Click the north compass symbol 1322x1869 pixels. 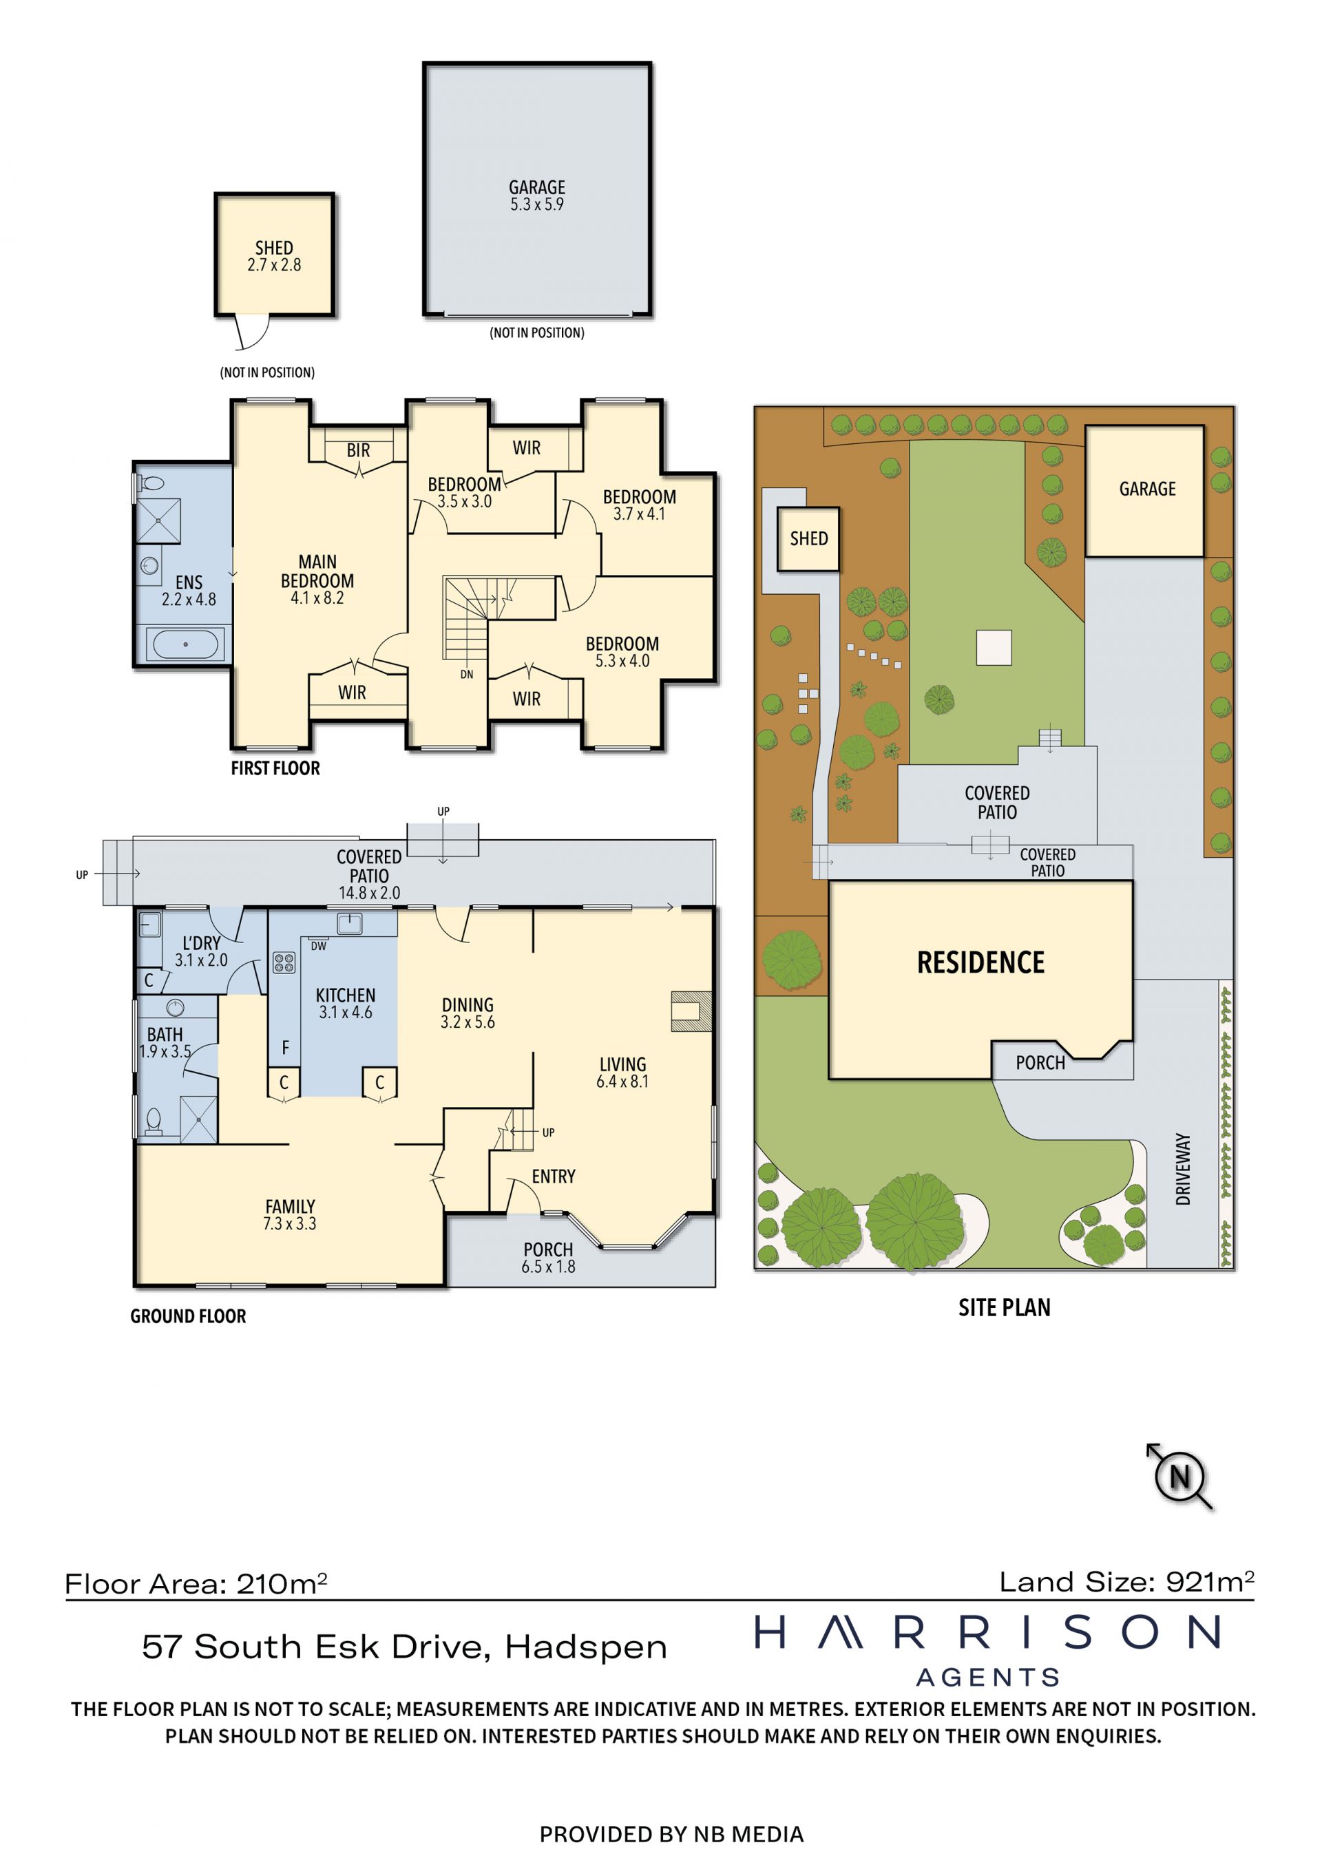click(x=1179, y=1476)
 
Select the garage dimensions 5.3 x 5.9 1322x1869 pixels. click(x=536, y=204)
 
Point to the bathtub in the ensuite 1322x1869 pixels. click(x=186, y=645)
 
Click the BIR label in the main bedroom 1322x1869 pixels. click(x=358, y=450)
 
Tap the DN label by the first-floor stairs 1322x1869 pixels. click(x=466, y=674)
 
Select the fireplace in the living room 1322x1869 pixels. click(x=691, y=1011)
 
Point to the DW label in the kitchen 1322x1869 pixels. click(x=318, y=946)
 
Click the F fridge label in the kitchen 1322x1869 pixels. click(x=285, y=1048)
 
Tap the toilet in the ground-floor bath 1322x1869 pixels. click(x=153, y=1121)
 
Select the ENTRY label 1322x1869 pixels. click(x=554, y=1176)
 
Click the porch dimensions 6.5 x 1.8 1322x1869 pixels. click(x=548, y=1267)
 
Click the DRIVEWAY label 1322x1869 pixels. click(x=1183, y=1169)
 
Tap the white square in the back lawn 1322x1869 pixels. click(x=994, y=648)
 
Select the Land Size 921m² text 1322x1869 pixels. click(x=1126, y=1582)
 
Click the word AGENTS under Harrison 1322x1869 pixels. click(x=988, y=1678)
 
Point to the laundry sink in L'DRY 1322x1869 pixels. click(x=150, y=925)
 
